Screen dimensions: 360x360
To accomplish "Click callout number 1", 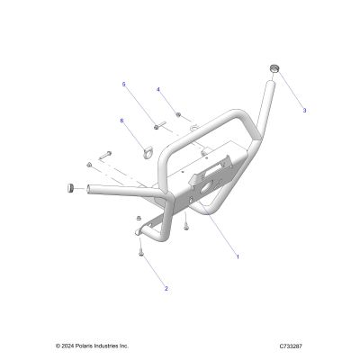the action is tap(238, 256).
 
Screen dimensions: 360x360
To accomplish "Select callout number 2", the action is tap(166, 289).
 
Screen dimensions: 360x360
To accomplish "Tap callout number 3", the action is tap(304, 111).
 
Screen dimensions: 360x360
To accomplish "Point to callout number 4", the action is tap(158, 89).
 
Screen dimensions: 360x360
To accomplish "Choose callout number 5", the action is tap(123, 85).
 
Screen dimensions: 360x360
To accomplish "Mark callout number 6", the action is tap(121, 121).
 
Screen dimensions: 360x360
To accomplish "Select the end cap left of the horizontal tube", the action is tap(69, 188).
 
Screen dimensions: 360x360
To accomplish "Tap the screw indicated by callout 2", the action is tap(140, 250).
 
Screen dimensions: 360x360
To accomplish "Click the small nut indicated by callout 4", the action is tap(178, 114).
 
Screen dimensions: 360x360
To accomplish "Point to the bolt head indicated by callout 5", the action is tap(157, 128).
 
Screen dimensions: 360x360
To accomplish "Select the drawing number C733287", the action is tap(291, 346).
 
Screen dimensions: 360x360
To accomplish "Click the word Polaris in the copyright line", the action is tap(78, 346).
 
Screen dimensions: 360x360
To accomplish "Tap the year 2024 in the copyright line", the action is tap(66, 346).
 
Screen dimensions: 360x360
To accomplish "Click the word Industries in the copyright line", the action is tap(98, 346).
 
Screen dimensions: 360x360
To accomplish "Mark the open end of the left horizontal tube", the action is tap(89, 189).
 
